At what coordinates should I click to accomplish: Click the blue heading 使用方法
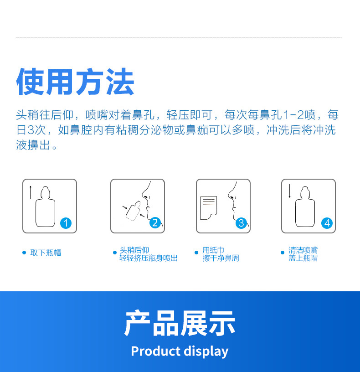coord(75,82)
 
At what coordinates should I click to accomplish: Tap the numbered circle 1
coord(66,223)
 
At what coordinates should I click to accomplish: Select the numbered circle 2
coord(155,223)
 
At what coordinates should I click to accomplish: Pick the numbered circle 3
coord(241,223)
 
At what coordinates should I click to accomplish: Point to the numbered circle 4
coord(327,223)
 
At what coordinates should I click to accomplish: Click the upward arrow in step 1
coord(31,192)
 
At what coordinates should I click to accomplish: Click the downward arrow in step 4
coord(289,191)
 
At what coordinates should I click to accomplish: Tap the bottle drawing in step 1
coord(45,207)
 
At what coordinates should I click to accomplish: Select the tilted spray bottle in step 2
coord(133,211)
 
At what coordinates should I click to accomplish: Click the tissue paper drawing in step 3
coord(208,208)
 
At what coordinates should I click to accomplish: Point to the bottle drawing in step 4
coord(305,207)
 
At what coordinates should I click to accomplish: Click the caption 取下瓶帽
coord(46,253)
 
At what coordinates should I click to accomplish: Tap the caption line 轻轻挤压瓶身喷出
coord(149,258)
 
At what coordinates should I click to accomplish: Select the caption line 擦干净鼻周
coord(221,258)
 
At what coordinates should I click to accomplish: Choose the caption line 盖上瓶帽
coord(303,258)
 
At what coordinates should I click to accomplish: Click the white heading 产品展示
coord(180,323)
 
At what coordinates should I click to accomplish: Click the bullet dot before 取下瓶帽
coord(24,253)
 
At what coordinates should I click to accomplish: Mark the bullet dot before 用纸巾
coord(196,253)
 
